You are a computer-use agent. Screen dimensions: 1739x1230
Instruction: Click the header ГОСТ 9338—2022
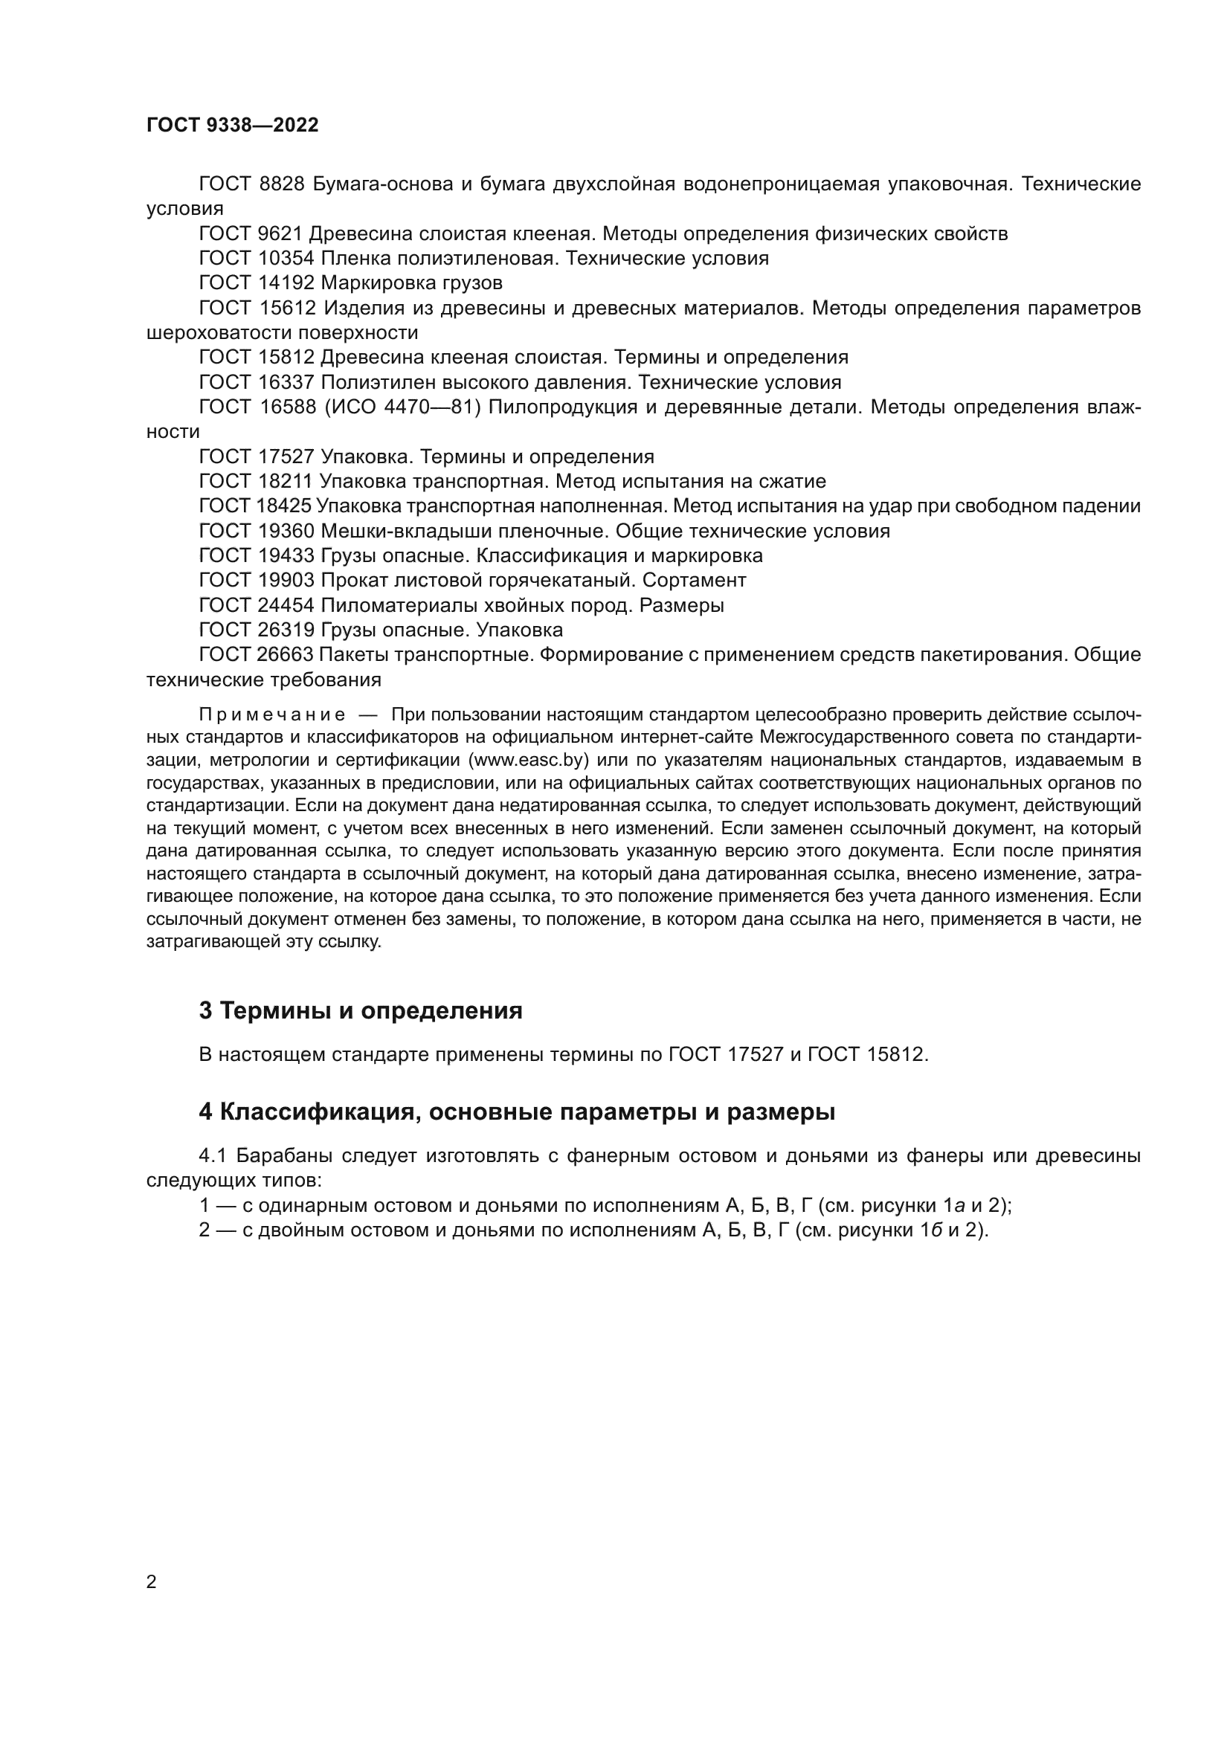point(233,125)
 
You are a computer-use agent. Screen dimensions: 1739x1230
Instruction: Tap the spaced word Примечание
point(272,715)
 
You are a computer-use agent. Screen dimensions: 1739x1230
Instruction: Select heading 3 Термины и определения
point(361,1010)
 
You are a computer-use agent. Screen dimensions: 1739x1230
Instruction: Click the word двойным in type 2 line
point(293,1230)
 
